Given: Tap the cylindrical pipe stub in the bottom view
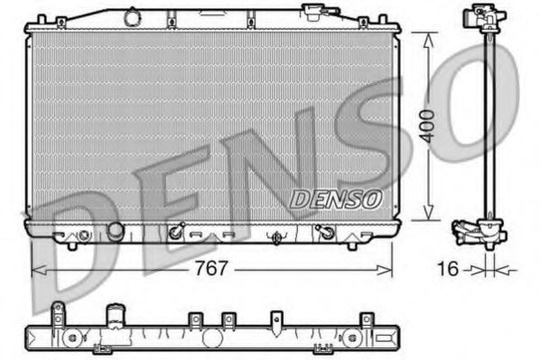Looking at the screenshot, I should [x=115, y=317].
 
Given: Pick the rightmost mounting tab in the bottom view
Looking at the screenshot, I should [x=366, y=319].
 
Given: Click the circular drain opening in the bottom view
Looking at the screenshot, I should [x=212, y=338].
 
